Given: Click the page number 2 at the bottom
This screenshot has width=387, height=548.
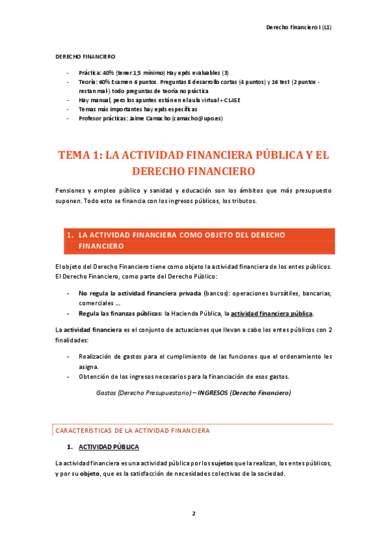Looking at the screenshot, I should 193,514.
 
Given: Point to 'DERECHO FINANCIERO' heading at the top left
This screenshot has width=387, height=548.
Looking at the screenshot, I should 86,57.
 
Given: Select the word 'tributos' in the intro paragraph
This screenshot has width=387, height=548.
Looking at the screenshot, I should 242,200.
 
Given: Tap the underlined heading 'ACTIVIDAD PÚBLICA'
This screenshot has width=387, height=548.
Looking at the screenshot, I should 108,447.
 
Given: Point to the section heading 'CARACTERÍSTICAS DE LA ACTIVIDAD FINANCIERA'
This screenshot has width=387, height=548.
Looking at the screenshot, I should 132,430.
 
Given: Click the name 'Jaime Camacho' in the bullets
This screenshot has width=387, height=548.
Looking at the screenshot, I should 151,119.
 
